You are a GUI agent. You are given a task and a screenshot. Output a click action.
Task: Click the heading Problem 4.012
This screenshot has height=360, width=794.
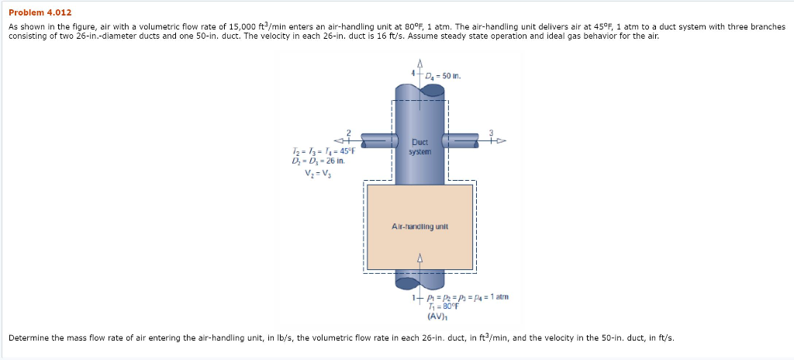coord(40,12)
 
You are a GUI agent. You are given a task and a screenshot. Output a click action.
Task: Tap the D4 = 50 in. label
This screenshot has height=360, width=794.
coord(443,76)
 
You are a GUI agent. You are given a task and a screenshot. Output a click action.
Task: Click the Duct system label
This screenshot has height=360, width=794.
coord(419,147)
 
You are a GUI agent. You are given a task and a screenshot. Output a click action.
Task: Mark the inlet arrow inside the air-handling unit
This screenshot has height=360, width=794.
coord(420,258)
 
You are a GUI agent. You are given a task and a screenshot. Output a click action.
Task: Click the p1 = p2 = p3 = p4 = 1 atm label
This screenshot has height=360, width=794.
coord(461,297)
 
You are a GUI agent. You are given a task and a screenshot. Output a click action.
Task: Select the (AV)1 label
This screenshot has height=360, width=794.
coord(435,316)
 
